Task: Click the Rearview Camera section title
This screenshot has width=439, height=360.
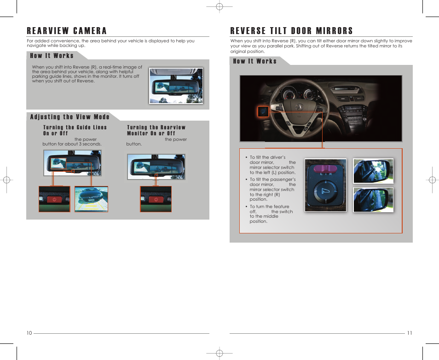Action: click(x=67, y=31)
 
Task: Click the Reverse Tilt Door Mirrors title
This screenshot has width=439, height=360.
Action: click(x=291, y=31)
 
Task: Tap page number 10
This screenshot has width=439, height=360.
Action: click(x=29, y=333)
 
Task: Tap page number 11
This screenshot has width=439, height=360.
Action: click(x=409, y=333)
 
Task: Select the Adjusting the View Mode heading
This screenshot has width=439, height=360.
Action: click(x=70, y=117)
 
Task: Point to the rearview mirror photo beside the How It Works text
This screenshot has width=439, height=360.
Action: click(x=176, y=86)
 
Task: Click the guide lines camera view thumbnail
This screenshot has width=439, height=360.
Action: click(x=91, y=199)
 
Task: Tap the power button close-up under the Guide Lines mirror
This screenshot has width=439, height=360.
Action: click(x=54, y=199)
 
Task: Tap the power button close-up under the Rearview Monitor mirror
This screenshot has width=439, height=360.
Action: click(x=156, y=199)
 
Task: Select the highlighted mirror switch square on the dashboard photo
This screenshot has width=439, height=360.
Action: click(x=263, y=111)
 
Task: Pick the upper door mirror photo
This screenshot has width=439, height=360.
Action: click(x=373, y=171)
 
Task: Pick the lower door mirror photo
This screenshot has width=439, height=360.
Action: click(x=373, y=199)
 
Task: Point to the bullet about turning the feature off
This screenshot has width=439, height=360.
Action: click(x=271, y=214)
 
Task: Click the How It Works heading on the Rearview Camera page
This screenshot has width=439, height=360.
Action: click(x=52, y=56)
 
